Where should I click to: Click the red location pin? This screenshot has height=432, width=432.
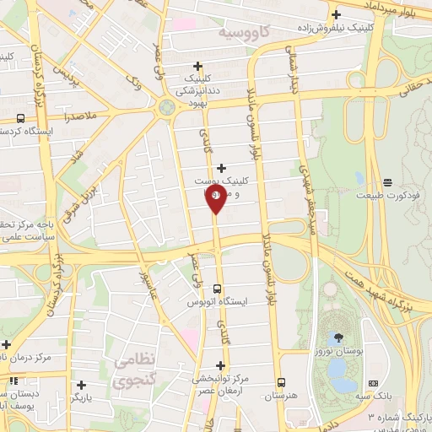coord(215,201)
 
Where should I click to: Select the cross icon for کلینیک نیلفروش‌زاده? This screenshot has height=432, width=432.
coord(337,14)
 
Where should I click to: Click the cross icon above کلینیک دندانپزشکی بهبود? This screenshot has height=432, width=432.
coord(198,65)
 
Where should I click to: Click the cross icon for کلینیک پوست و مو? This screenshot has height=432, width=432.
coord(222,168)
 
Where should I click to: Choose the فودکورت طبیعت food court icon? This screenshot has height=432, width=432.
coord(387,182)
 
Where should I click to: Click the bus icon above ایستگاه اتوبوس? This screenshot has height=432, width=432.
coord(219,288)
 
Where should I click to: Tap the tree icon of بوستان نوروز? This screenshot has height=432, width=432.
coord(337,335)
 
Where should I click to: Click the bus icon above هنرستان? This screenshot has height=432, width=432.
coord(282,381)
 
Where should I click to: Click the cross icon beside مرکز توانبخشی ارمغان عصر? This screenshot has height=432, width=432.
coord(221,365)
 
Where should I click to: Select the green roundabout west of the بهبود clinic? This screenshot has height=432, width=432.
coord(166,107)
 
